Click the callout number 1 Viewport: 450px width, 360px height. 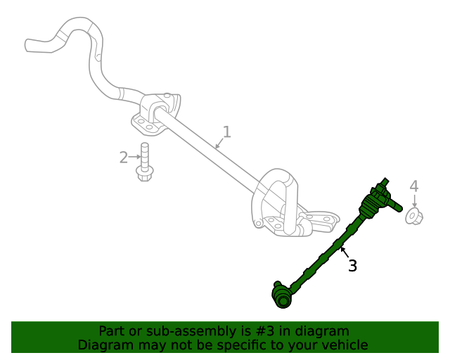click(x=226, y=131)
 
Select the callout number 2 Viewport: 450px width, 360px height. click(x=123, y=157)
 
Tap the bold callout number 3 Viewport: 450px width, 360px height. click(x=352, y=266)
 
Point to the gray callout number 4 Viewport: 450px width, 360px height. click(x=414, y=186)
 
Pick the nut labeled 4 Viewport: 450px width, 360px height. click(x=413, y=217)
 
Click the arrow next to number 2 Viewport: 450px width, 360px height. click(x=135, y=157)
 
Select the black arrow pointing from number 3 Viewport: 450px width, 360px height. click(x=344, y=252)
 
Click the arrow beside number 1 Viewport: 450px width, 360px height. click(x=219, y=143)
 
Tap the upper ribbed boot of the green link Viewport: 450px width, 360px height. click(x=371, y=207)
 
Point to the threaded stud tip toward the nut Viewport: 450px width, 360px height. click(x=397, y=207)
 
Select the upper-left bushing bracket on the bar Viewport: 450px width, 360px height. click(x=156, y=115)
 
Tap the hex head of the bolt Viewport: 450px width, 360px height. click(x=144, y=173)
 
